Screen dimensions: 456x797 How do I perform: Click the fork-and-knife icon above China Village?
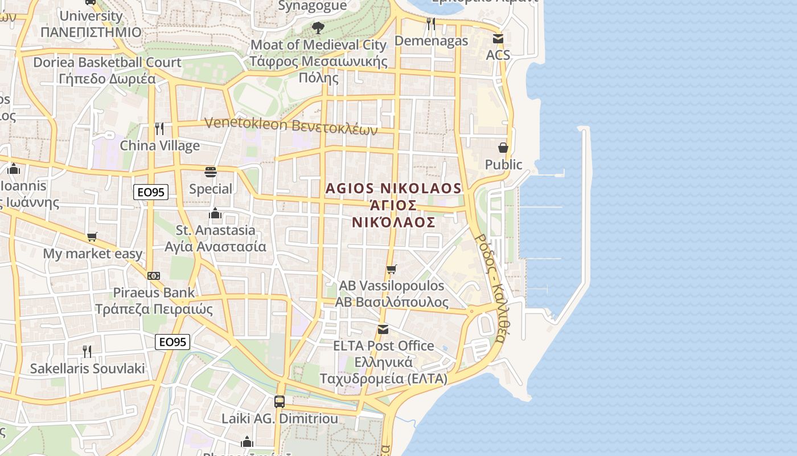(x=159, y=128)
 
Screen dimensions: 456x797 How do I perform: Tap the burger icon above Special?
(x=211, y=172)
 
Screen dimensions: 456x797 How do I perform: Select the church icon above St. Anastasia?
(x=215, y=213)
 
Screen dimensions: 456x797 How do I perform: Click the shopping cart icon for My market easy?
(x=92, y=237)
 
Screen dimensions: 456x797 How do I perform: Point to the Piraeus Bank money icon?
(x=154, y=276)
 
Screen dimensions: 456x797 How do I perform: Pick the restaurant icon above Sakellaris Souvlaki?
(x=87, y=351)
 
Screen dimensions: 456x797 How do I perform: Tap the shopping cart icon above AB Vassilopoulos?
(x=391, y=269)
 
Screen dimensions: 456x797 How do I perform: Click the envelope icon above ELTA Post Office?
(x=383, y=329)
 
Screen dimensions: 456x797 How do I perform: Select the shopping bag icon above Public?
(x=503, y=148)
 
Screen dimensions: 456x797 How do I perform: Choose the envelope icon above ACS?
(x=498, y=39)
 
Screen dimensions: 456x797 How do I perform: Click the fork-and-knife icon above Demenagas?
(x=431, y=23)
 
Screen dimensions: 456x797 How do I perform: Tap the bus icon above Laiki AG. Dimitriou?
(x=280, y=401)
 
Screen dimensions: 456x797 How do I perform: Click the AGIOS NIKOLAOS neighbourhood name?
(x=393, y=188)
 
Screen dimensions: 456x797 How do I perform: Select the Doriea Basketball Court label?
(x=107, y=62)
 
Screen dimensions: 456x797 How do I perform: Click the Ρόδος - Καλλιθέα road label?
(x=490, y=288)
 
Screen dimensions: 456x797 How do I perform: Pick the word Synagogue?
(x=313, y=6)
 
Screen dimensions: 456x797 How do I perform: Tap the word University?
(x=91, y=16)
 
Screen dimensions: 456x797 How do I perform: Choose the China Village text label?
(x=159, y=145)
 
